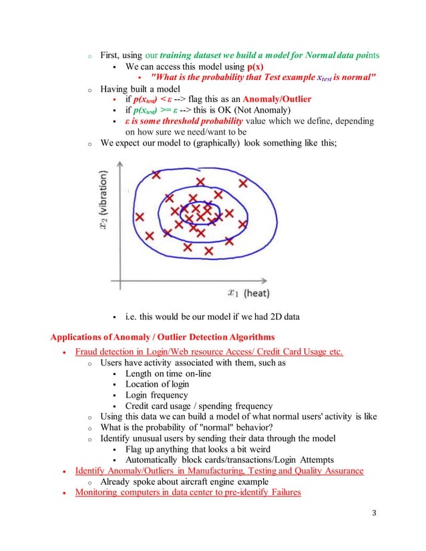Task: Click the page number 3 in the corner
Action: [375, 513]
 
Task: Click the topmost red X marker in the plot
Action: [156, 175]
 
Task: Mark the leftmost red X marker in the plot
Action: [140, 217]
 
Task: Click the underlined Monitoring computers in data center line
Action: [188, 492]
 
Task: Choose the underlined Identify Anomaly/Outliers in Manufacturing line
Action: [219, 470]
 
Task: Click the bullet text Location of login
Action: [157, 384]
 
